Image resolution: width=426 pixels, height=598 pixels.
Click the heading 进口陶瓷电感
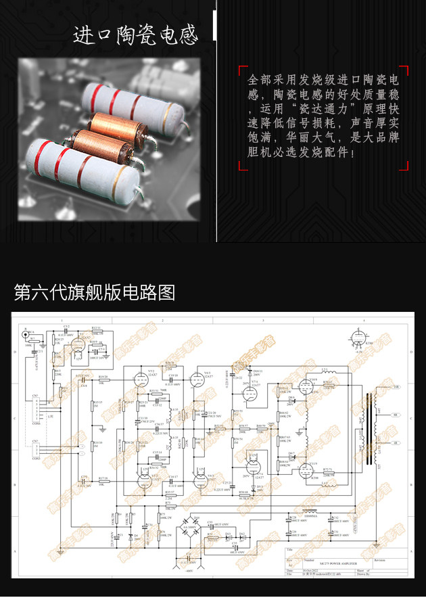[x=135, y=34]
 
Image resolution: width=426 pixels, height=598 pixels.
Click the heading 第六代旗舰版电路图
[x=95, y=292]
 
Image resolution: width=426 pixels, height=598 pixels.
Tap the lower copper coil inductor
[x=101, y=143]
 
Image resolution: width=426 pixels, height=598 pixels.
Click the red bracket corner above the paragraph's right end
[x=404, y=70]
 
